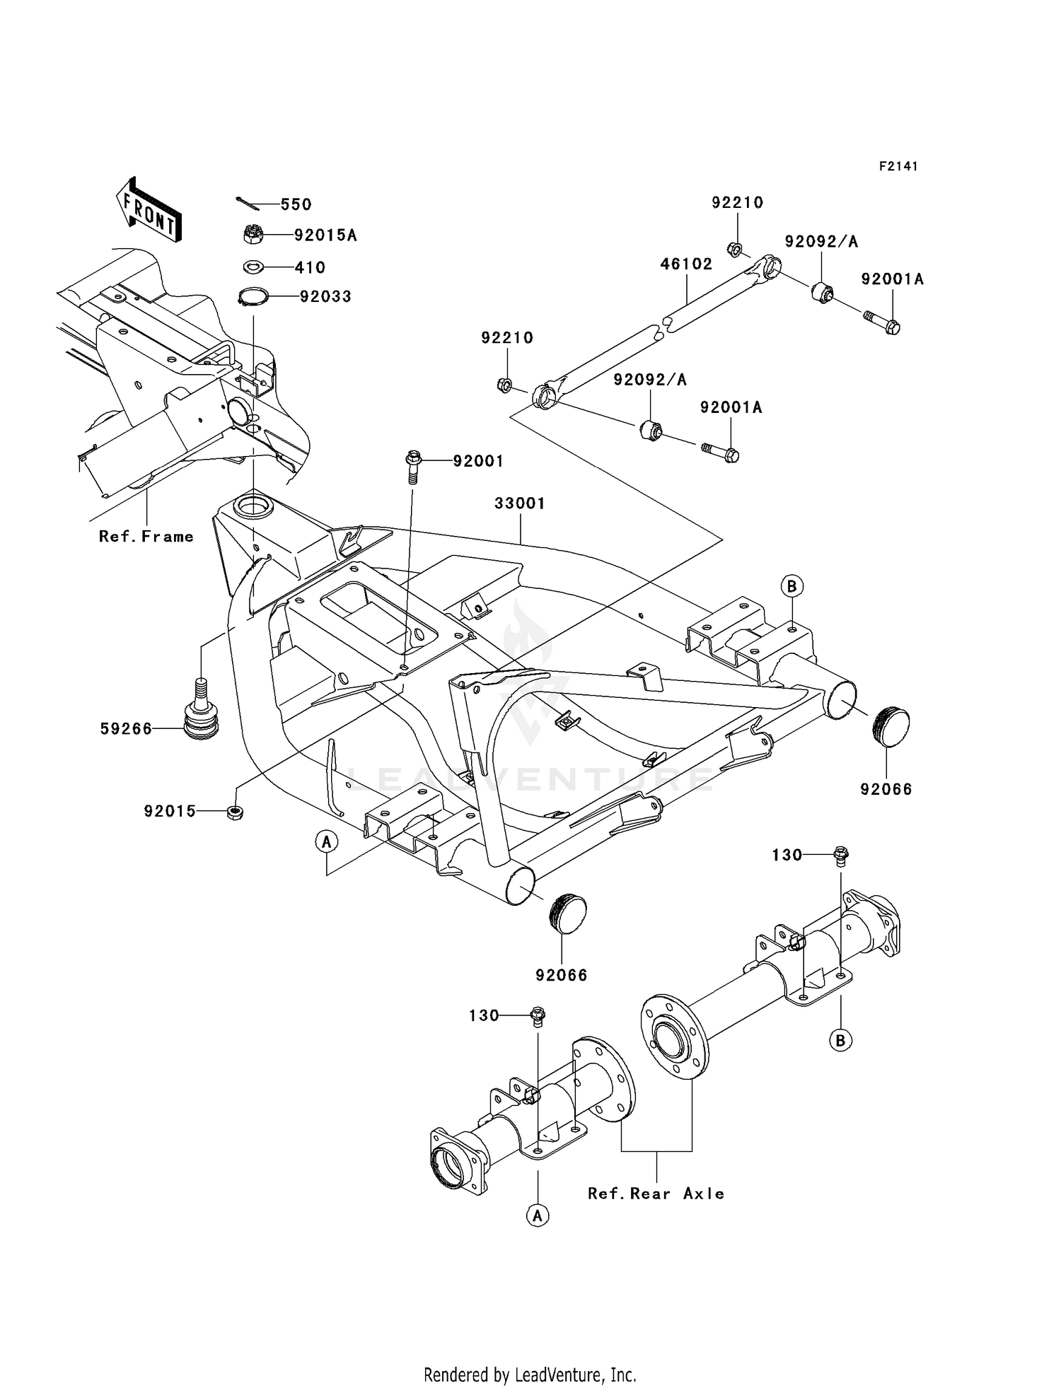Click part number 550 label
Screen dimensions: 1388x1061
point(296,204)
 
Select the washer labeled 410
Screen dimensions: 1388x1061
point(253,267)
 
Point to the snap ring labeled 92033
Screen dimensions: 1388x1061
point(253,296)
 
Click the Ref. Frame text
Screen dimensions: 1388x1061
point(146,537)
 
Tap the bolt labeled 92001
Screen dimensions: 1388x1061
point(413,463)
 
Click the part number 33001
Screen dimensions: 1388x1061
point(519,503)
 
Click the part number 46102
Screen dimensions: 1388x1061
point(685,264)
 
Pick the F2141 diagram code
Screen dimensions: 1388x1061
point(898,166)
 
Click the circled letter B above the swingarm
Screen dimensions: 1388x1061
point(792,586)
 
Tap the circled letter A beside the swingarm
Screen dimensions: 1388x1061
point(326,841)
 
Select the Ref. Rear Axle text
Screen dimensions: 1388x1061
point(656,1194)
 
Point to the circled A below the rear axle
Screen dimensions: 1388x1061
point(538,1215)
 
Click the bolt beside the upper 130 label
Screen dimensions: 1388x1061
point(841,856)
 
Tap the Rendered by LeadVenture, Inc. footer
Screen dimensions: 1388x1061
point(530,1375)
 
